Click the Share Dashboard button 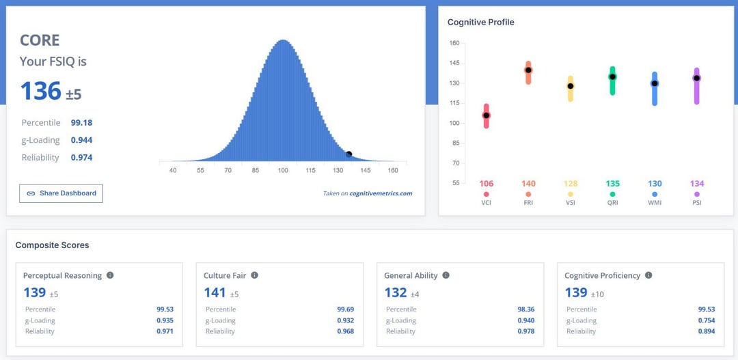pyautogui.click(x=61, y=193)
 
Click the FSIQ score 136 pyautogui.click(x=41, y=91)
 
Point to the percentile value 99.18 pyautogui.click(x=81, y=123)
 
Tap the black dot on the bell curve pyautogui.click(x=348, y=154)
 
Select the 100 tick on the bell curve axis pyautogui.click(x=283, y=170)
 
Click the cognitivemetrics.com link pyautogui.click(x=381, y=193)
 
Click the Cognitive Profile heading pyautogui.click(x=480, y=23)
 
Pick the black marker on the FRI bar pyautogui.click(x=528, y=70)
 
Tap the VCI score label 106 pyautogui.click(x=486, y=184)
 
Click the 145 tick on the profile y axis pyautogui.click(x=454, y=63)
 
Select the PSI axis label pyautogui.click(x=696, y=203)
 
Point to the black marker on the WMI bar pyautogui.click(x=655, y=83)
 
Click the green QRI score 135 pyautogui.click(x=612, y=184)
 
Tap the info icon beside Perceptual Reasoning pyautogui.click(x=110, y=275)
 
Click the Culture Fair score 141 pyautogui.click(x=215, y=292)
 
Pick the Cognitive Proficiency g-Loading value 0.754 pyautogui.click(x=707, y=320)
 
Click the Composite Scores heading pyautogui.click(x=52, y=245)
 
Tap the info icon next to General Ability pyautogui.click(x=446, y=275)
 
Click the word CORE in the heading pyautogui.click(x=40, y=40)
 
